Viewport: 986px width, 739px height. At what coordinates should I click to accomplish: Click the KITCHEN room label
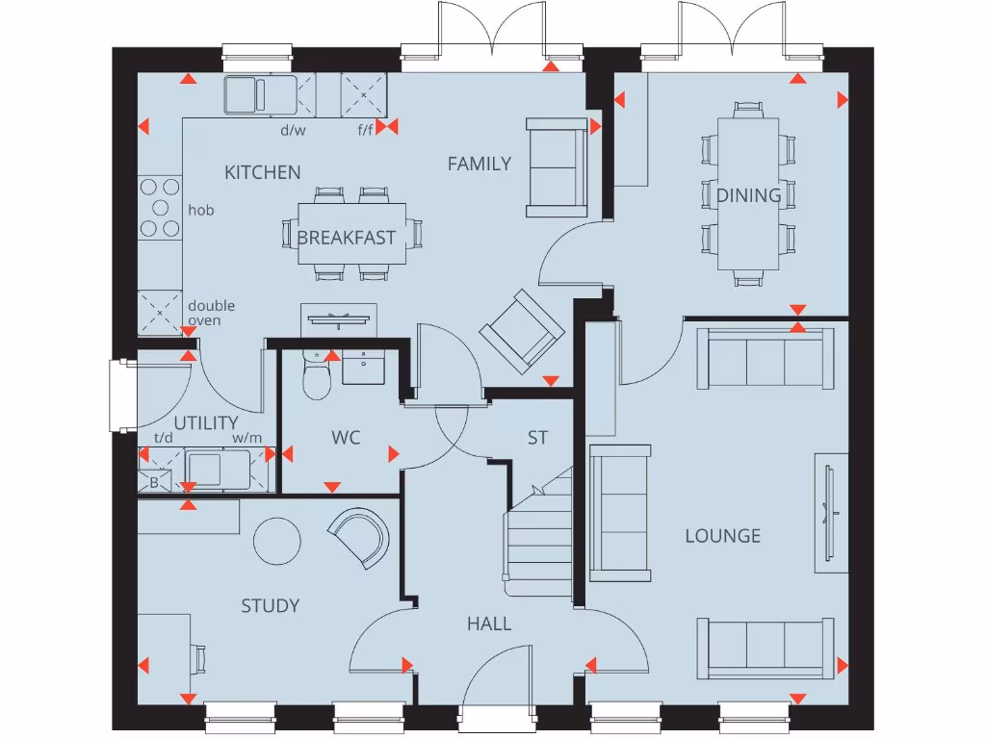pos(262,172)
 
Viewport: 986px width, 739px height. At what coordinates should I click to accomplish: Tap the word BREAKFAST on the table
pos(346,238)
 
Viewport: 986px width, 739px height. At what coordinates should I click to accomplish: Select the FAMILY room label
pos(479,164)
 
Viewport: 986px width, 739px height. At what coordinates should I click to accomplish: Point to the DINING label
pos(748,195)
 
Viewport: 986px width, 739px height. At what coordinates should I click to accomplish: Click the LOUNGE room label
pos(722,536)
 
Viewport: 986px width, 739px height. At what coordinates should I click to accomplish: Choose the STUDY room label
pos(270,605)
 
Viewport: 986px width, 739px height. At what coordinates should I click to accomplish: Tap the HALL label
pos(489,624)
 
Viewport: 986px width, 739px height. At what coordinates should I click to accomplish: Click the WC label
pos(346,438)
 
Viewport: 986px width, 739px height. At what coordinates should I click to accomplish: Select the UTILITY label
pos(205,423)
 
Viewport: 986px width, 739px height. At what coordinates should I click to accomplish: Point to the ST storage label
pos(537,438)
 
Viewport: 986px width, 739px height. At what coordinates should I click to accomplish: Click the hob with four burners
pos(160,208)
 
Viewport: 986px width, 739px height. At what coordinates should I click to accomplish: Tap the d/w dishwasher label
pos(292,130)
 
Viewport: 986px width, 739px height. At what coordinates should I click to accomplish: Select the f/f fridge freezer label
pos(365,130)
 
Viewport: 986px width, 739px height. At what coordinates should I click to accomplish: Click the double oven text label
pos(211,313)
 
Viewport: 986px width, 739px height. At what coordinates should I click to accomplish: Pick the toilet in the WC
pos(316,378)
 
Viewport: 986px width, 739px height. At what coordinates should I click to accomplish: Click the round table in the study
pos(277,542)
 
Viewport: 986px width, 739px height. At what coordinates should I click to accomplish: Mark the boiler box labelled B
pos(153,482)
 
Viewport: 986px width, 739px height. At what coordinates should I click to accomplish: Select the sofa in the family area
pos(556,166)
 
